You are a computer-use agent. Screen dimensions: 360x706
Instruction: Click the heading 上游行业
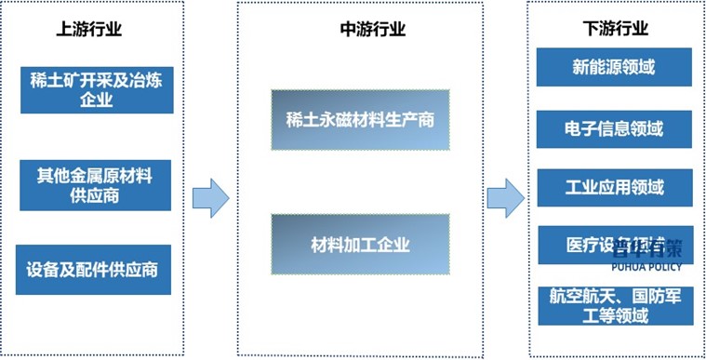(x=88, y=29)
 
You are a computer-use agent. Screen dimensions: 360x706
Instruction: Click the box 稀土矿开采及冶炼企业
(x=97, y=88)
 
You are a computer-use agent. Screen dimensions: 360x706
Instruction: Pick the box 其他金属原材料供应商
(x=95, y=184)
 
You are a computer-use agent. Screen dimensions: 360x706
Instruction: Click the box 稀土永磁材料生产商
(x=360, y=119)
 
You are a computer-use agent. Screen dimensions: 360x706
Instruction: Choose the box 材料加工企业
(x=360, y=245)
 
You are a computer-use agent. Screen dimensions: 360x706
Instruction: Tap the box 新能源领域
(x=614, y=67)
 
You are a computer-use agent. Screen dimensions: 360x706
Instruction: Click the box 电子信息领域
(x=614, y=128)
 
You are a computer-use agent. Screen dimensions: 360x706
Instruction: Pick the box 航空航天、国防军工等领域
(x=614, y=306)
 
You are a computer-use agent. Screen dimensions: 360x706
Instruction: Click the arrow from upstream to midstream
(x=210, y=195)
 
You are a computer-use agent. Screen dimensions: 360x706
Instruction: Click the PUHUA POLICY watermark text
(x=646, y=267)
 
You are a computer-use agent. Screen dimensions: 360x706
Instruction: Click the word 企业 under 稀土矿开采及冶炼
(x=97, y=100)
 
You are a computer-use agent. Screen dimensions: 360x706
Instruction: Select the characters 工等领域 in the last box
(x=614, y=316)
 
